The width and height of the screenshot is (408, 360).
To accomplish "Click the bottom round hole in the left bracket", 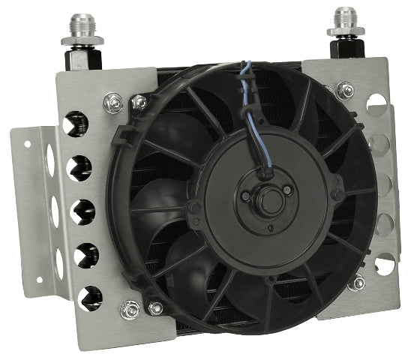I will click(91, 294).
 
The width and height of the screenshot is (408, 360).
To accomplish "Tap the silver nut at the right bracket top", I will click(345, 89).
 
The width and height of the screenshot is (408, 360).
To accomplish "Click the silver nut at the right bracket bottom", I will click(360, 283).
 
